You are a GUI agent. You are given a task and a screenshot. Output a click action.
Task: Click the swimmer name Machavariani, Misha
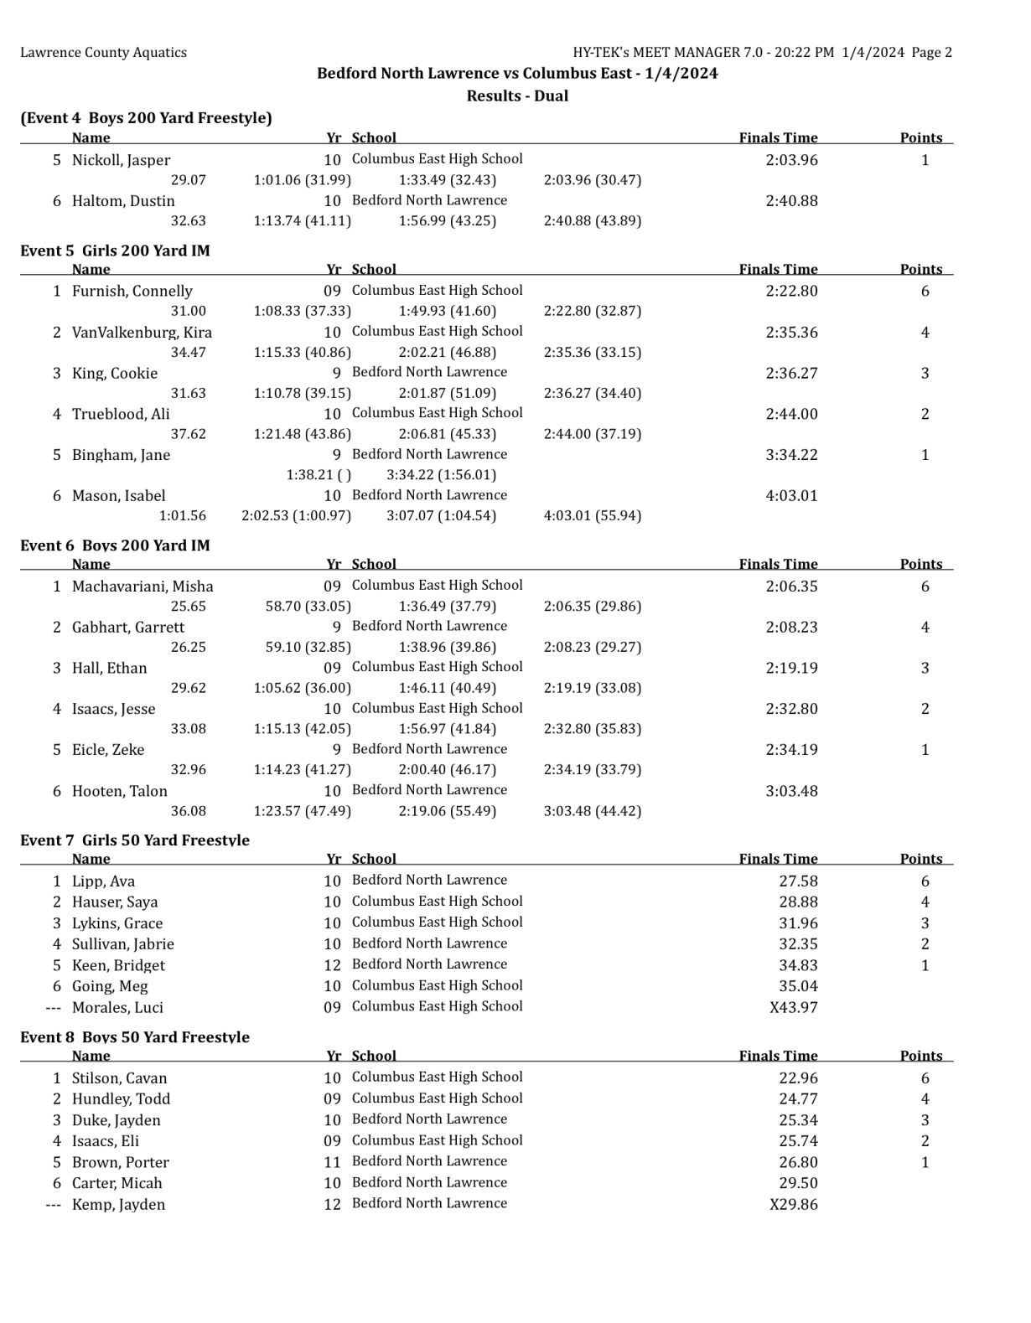[142, 587]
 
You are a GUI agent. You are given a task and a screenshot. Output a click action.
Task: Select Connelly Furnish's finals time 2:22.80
[791, 291]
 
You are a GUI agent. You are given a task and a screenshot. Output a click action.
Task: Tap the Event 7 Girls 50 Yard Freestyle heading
[135, 840]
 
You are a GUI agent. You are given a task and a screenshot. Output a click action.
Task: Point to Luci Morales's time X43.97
[793, 1007]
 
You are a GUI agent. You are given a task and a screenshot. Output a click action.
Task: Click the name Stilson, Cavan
[120, 1078]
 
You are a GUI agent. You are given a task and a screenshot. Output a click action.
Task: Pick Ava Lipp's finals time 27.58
[798, 881]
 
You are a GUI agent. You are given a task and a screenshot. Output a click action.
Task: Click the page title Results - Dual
[517, 96]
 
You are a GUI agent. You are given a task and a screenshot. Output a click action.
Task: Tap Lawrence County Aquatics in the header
[103, 52]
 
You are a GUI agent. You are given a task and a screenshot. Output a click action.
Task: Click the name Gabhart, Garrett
[128, 627]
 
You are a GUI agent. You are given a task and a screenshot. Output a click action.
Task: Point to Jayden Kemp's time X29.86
[793, 1204]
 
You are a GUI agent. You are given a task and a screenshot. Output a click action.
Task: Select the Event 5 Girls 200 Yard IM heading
[115, 251]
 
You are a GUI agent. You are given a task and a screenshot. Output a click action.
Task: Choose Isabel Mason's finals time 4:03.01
[791, 495]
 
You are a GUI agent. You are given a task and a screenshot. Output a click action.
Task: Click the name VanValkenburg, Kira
[142, 332]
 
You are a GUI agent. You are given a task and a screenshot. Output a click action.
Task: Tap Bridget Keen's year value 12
[332, 965]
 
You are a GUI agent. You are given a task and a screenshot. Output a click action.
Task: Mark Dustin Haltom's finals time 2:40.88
[791, 201]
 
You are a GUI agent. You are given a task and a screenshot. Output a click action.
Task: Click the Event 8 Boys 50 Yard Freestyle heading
[135, 1036]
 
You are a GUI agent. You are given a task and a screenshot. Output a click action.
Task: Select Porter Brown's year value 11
[332, 1162]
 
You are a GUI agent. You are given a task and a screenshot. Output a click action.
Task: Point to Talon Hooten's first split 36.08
[188, 811]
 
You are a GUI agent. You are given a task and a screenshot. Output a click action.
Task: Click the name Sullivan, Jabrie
[123, 944]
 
